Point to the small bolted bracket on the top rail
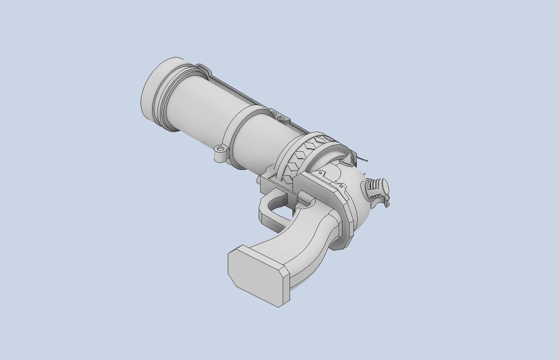[x=280, y=118]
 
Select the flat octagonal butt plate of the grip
[x=258, y=275]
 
